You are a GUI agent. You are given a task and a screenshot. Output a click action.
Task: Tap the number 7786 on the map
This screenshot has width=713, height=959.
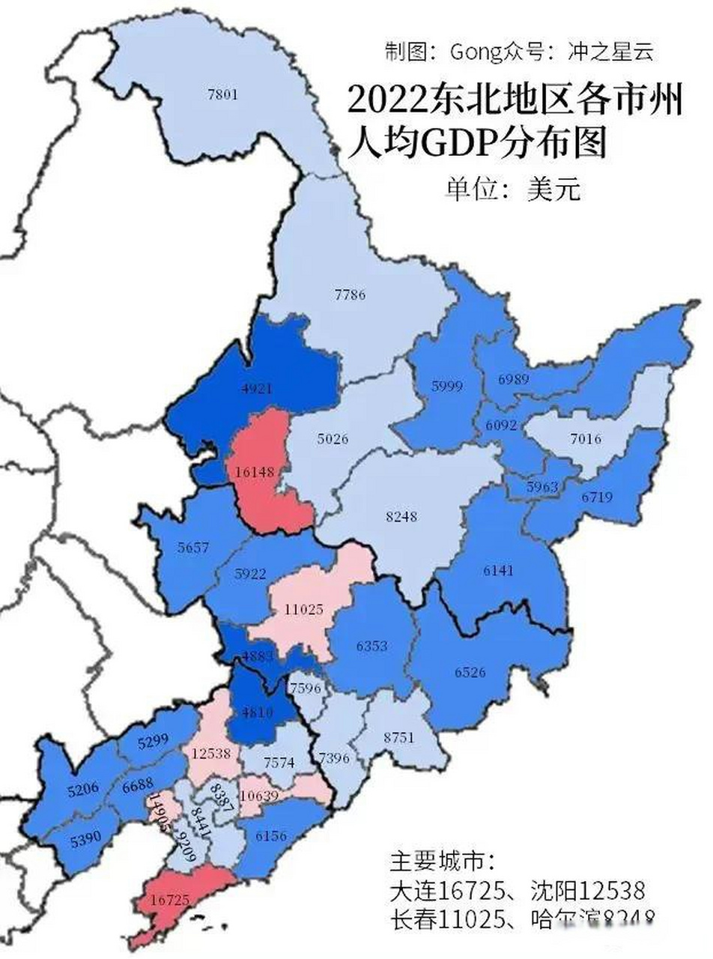click(350, 294)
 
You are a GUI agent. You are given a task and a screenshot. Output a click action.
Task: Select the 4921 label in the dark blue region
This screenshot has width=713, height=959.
click(255, 388)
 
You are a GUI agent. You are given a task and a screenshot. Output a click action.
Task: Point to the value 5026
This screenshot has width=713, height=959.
click(333, 439)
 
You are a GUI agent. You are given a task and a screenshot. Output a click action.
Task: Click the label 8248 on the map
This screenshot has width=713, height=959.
click(401, 516)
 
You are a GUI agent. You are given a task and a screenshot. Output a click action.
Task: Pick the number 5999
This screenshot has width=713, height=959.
click(447, 387)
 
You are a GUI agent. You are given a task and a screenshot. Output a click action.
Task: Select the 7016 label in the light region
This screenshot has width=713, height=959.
click(585, 439)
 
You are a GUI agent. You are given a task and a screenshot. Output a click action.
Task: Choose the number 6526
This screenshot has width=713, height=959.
click(470, 671)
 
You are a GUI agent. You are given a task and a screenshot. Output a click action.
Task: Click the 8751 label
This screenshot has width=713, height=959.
click(398, 737)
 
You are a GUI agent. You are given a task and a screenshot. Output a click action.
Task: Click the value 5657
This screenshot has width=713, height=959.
click(193, 547)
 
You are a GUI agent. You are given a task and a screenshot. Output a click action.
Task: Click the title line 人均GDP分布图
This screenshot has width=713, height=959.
click(476, 142)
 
